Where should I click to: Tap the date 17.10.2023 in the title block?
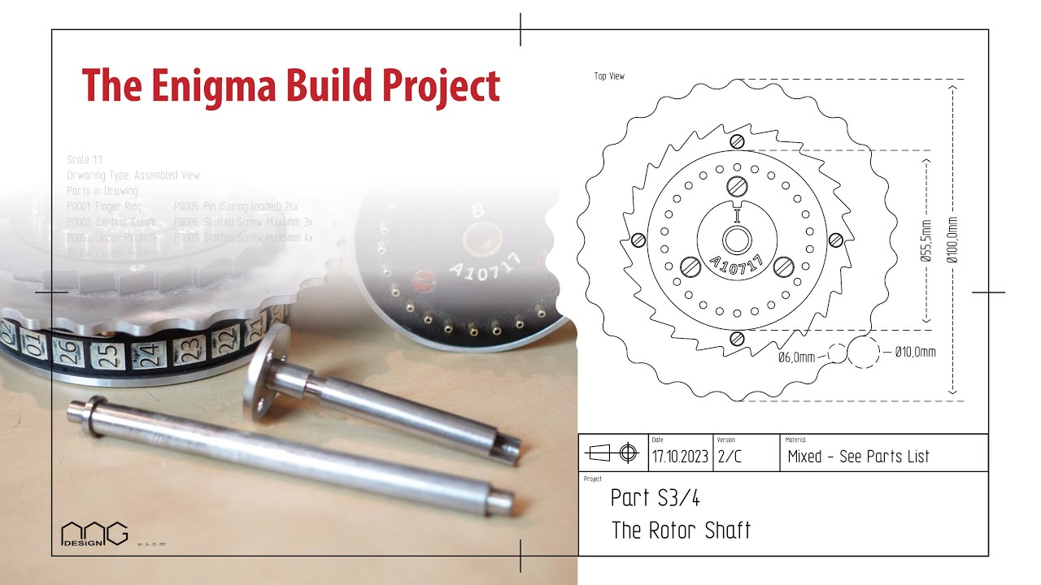coord(681,457)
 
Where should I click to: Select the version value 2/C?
coord(730,457)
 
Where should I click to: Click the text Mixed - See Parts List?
coord(858,457)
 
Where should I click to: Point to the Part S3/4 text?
coord(655,498)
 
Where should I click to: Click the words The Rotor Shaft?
coord(681,531)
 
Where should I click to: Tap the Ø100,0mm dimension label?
coord(952,240)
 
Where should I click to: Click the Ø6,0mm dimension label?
coord(796,357)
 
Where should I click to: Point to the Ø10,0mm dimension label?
coord(915,353)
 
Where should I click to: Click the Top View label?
coord(609,76)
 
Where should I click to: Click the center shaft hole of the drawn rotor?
coord(737,240)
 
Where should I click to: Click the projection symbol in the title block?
coord(615,453)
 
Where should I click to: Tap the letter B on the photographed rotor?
coord(477,211)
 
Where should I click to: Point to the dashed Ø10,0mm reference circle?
coord(864,353)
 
